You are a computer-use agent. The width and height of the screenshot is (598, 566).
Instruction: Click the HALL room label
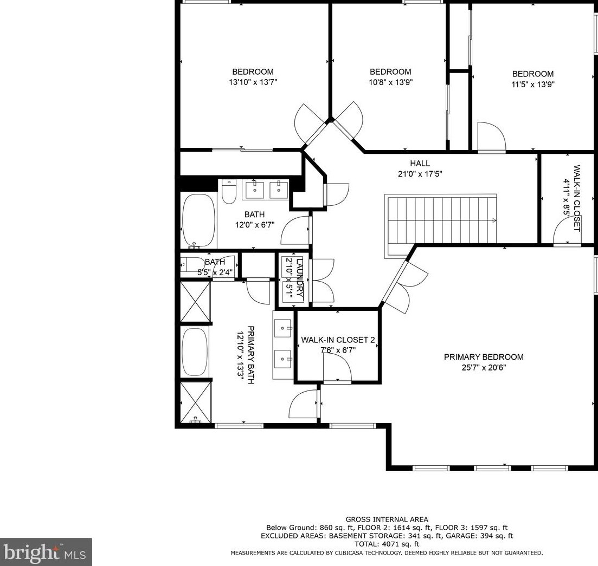420,164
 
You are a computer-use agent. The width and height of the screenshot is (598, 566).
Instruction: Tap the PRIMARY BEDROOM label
484,357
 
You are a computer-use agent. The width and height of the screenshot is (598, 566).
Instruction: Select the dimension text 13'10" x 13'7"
253,82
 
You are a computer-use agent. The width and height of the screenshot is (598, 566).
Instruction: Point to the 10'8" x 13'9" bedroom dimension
390,82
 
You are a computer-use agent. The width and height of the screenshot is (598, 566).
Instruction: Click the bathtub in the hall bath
198,221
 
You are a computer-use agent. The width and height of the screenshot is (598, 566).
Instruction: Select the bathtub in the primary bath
195,352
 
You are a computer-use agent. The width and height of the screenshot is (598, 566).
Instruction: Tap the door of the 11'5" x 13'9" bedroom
491,137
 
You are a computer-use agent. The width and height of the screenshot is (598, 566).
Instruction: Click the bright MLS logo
46,552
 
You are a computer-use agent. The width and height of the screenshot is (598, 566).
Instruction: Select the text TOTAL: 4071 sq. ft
387,544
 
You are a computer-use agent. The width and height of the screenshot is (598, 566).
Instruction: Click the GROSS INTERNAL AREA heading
387,519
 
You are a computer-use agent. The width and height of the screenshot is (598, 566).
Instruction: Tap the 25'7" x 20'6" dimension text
484,368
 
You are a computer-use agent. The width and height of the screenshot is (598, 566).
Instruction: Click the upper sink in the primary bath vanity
283,328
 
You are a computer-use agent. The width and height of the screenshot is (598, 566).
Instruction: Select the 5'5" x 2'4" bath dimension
215,272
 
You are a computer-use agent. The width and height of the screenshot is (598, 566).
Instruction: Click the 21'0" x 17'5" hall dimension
420,174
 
